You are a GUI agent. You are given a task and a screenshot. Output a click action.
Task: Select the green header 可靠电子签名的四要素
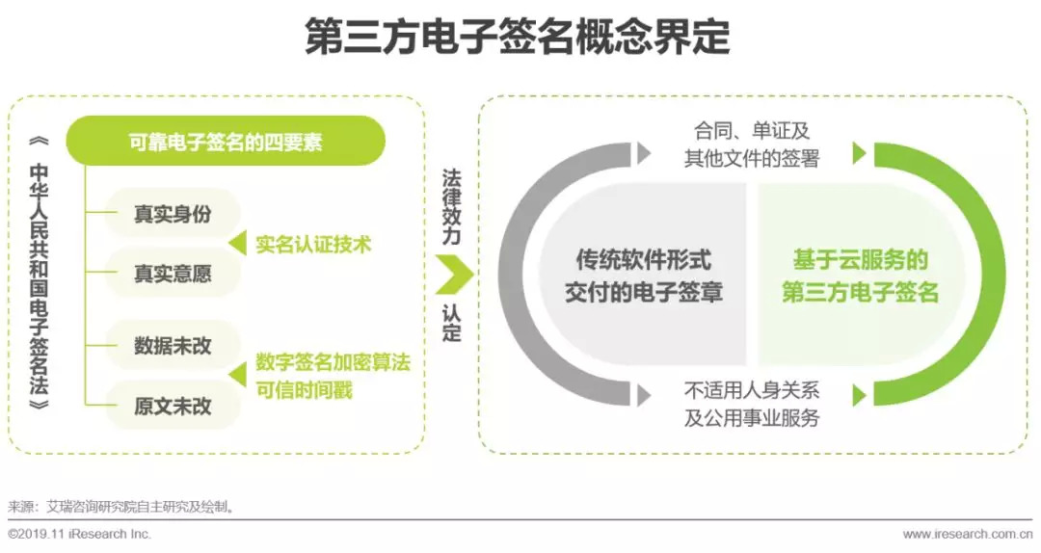(226, 144)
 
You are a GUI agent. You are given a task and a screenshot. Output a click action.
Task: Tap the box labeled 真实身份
(173, 215)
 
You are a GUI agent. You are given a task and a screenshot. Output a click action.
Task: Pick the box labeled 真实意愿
(173, 274)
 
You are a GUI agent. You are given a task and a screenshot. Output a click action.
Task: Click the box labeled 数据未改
(173, 346)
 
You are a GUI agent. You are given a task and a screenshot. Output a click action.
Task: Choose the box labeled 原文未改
(173, 405)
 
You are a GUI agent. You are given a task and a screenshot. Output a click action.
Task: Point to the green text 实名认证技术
(313, 244)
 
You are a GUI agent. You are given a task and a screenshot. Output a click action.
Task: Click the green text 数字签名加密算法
(334, 362)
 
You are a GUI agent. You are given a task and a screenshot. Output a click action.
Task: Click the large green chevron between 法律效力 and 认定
(453, 275)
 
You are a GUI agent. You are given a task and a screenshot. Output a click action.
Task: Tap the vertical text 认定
(452, 324)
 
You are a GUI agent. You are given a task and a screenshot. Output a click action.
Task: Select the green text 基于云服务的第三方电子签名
(860, 276)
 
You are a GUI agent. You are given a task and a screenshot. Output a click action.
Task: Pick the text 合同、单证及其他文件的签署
(752, 144)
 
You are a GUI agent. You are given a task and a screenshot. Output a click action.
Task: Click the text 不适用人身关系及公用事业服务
(752, 405)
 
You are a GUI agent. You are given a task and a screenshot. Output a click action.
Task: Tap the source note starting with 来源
(121, 506)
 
